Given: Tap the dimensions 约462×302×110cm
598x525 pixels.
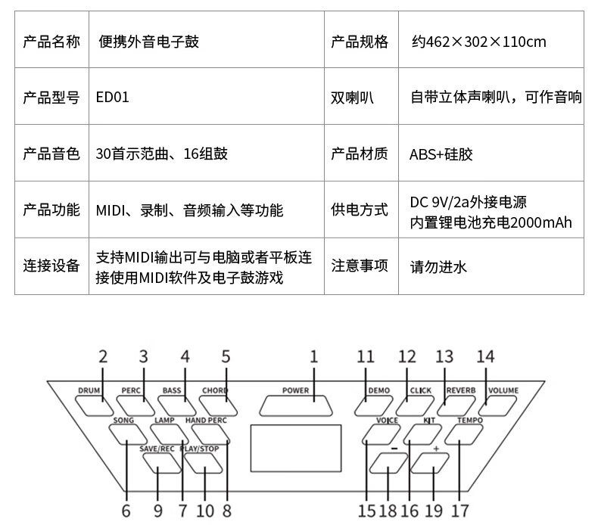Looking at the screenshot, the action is [478, 42].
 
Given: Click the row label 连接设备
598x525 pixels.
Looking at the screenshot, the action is [51, 266].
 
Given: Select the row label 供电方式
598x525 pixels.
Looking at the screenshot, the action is [360, 210].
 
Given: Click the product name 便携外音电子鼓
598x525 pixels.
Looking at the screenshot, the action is [148, 42].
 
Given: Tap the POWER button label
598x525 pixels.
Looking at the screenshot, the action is [295, 390].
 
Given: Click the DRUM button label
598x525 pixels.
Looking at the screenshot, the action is [89, 390].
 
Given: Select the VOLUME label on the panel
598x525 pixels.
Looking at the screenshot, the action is [503, 390].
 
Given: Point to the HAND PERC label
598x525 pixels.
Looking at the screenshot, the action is [206, 420].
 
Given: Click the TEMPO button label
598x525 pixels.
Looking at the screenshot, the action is [470, 420].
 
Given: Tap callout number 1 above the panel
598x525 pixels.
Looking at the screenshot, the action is [314, 357].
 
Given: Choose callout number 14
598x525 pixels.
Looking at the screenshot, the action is [485, 357].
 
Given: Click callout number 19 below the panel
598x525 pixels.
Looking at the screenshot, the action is [434, 511].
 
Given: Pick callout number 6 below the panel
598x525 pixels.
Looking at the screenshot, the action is [126, 511].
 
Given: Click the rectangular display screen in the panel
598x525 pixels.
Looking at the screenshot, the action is [296, 449].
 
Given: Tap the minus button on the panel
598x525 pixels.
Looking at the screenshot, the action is [388, 463].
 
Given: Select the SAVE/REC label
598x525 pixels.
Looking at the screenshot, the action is [157, 449].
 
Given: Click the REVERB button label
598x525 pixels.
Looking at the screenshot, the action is [461, 390].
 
